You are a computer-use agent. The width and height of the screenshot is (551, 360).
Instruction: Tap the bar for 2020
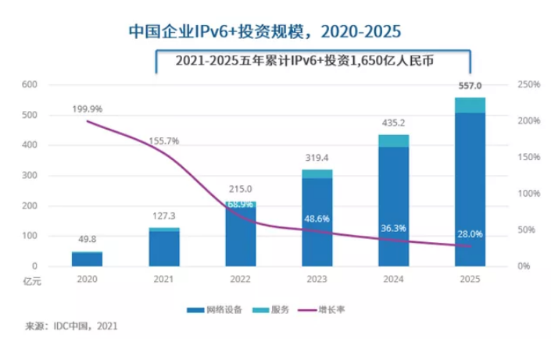[88, 259]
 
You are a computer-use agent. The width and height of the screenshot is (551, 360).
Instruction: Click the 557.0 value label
[470, 87]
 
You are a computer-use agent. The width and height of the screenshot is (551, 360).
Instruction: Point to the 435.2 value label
[393, 123]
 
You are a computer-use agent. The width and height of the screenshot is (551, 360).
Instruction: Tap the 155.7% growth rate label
[163, 141]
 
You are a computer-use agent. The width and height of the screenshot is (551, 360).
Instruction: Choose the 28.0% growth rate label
[470, 233]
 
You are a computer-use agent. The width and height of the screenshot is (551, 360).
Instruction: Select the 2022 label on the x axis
[240, 278]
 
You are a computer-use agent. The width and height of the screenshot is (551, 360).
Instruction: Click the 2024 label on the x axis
[393, 278]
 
